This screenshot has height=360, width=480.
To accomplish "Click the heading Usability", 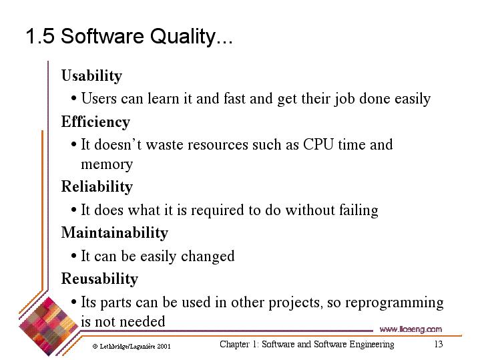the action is pos(92,75).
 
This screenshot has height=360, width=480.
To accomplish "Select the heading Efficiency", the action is pos(96,122).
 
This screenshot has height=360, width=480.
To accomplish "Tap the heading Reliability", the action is pos(97,187).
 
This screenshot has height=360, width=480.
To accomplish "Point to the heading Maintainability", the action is pos(115,232).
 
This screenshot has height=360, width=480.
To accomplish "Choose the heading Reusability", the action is pos(99,279).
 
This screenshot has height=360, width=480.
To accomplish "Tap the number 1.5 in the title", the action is pos(40,36).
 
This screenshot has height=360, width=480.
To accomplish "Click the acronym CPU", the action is pos(318,144).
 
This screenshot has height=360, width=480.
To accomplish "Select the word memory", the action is pos(107,164).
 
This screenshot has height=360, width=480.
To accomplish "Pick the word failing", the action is pos(358,210).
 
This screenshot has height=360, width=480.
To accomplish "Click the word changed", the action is pos(208,256).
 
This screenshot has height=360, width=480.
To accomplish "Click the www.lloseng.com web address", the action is pos(411,329).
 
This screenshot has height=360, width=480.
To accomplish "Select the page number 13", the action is pos(439,344).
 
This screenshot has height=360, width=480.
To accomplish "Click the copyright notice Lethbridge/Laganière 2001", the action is pos(132,347).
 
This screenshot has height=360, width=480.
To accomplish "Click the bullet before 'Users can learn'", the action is pos(73,99).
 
